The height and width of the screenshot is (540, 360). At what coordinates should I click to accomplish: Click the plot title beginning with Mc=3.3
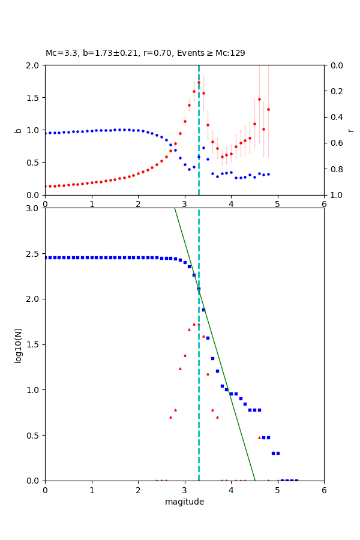click(x=145, y=53)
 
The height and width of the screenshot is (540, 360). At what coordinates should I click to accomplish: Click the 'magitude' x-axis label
click(x=184, y=502)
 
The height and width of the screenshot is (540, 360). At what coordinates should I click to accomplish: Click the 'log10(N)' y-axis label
click(x=18, y=344)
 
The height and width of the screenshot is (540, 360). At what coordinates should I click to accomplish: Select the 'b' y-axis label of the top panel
click(x=18, y=130)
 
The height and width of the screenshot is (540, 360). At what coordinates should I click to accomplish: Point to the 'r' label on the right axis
click(x=350, y=130)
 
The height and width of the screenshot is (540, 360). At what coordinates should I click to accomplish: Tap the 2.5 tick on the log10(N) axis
click(x=34, y=254)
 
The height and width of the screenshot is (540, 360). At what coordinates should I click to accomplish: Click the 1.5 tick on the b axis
click(x=34, y=98)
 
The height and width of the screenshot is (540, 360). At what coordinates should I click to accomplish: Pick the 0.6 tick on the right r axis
click(x=334, y=143)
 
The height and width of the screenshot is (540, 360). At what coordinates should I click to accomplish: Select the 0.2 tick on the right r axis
click(x=334, y=91)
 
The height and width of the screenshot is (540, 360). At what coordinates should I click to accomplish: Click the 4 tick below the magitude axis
click(x=231, y=490)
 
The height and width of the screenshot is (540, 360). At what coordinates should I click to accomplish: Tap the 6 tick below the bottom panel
click(x=324, y=490)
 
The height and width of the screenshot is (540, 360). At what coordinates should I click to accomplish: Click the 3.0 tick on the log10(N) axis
click(x=34, y=208)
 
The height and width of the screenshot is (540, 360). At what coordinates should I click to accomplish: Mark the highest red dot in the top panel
click(x=199, y=82)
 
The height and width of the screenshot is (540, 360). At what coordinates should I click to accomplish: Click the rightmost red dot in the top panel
click(x=268, y=109)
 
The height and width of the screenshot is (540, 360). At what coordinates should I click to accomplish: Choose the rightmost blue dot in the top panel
click(x=268, y=174)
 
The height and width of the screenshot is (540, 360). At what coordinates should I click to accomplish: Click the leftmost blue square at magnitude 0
click(x=46, y=257)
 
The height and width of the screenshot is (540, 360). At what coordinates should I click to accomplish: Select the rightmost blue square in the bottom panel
click(x=296, y=480)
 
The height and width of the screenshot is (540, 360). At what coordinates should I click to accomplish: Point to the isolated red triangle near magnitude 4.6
click(x=259, y=437)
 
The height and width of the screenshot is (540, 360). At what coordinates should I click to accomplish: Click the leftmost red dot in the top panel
click(x=46, y=186)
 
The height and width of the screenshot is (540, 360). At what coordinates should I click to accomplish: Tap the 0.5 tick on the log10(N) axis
click(x=34, y=435)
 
